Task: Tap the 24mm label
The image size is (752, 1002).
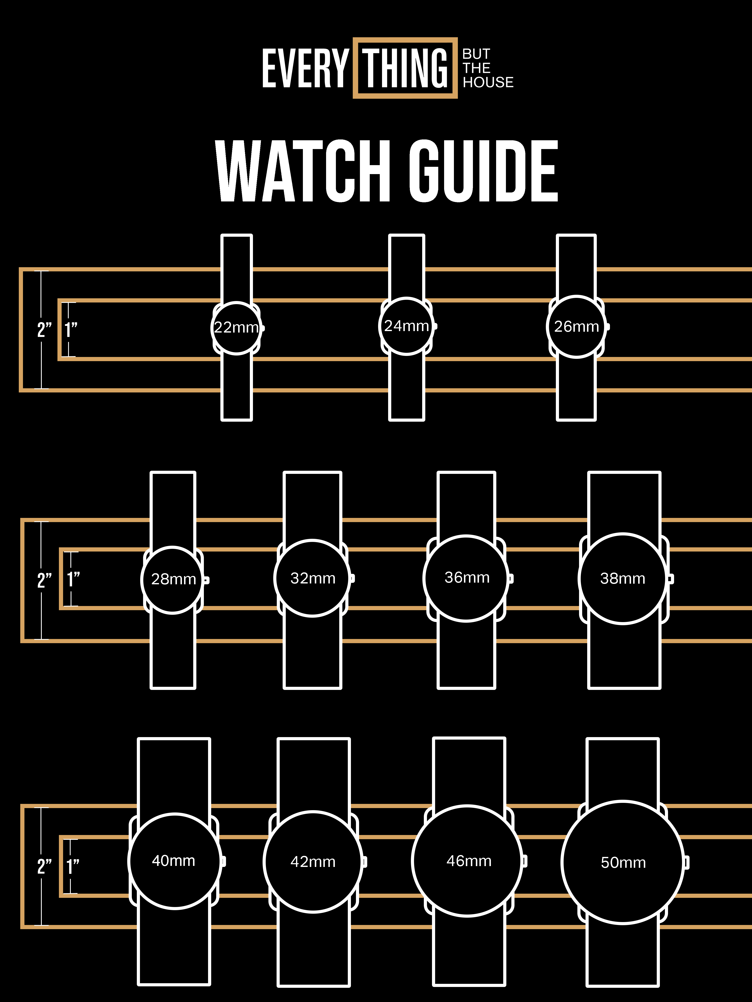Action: pos(406,326)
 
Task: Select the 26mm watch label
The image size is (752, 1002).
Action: pos(576,326)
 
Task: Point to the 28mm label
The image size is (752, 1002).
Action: pos(173,579)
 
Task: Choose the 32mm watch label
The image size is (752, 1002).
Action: pos(313,578)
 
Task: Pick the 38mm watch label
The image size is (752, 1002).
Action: pos(622,578)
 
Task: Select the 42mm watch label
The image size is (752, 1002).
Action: pos(313,862)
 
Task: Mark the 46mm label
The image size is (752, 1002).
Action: pos(469,861)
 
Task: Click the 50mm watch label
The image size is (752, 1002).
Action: pos(623,863)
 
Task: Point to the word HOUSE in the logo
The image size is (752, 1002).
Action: pos(488,82)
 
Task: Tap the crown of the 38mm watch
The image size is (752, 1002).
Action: pos(670,578)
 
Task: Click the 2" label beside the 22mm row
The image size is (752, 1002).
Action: pos(44,330)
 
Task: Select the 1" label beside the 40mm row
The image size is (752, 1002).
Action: pos(72,867)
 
